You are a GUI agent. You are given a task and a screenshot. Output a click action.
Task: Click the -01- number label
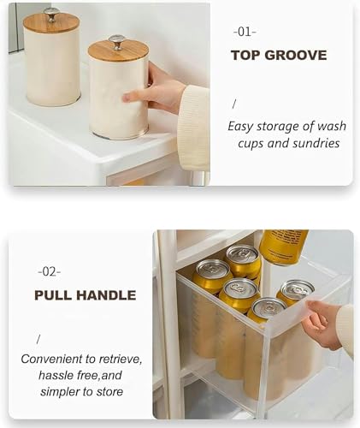coord(245,32)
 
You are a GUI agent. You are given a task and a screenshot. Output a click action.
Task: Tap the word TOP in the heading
coord(245,55)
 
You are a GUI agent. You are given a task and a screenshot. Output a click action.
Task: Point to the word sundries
coord(316,143)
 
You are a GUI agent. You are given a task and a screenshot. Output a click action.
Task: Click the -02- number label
coord(49,272)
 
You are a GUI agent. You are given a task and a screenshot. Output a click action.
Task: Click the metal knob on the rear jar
coord(51,15)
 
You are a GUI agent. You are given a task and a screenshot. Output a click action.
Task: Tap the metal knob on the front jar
coord(116,42)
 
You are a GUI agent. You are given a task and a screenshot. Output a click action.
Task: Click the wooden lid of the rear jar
coord(51,23)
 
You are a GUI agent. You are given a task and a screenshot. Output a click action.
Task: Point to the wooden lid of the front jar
coord(118,51)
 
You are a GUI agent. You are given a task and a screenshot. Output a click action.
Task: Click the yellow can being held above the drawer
coord(283,247)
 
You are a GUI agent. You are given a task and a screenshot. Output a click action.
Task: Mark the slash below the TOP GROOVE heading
coord(234,104)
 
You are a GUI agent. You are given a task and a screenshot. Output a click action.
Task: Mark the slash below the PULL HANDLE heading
coord(38,340)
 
